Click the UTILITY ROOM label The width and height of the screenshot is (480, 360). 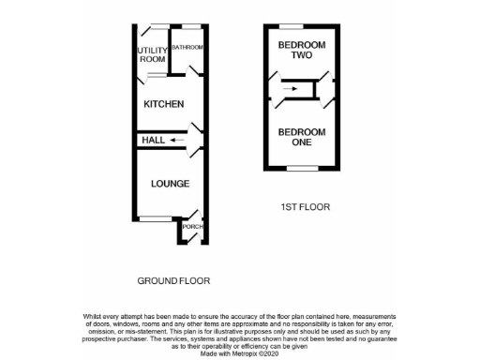152,54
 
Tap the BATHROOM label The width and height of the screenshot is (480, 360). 187,47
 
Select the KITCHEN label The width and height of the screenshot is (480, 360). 163,104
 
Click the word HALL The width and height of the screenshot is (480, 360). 153,140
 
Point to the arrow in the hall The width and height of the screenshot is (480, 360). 178,140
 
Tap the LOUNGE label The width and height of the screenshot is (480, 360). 170,183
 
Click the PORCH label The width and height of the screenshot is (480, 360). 192,227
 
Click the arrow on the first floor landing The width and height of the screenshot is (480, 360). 292,90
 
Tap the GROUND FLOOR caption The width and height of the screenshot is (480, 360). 173,280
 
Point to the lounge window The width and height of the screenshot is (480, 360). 154,218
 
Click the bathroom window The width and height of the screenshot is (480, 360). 190,24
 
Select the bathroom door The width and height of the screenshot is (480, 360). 192,70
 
